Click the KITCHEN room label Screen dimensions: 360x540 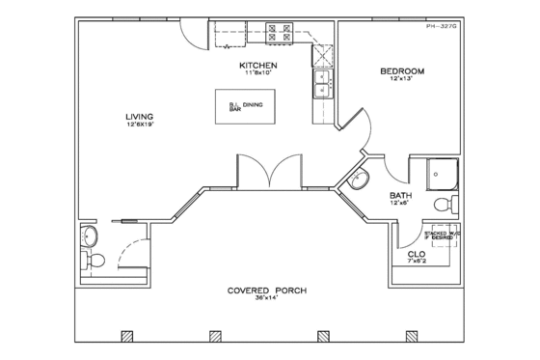[258, 65]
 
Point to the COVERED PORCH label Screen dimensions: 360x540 [259, 291]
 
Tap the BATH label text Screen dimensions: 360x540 [400, 195]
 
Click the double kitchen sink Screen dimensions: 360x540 [322, 85]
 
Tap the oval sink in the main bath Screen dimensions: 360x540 [359, 180]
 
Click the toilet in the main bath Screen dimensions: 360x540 [443, 204]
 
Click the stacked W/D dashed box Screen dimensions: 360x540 [443, 234]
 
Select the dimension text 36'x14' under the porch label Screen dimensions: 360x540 [259, 300]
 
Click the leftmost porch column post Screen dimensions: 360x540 [125, 337]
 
